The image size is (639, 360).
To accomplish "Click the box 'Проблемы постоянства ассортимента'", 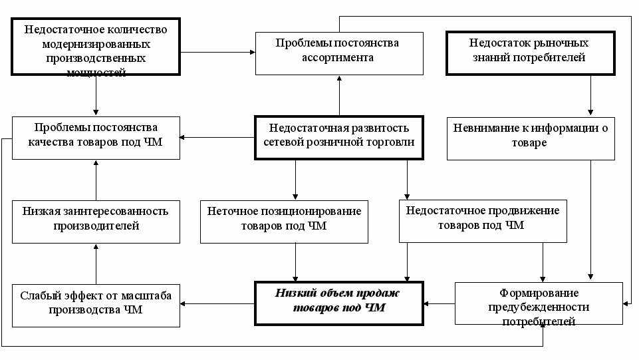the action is click(339, 53).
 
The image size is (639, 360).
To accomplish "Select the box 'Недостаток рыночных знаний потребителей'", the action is click(530, 53).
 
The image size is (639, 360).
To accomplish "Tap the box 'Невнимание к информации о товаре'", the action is click(531, 138).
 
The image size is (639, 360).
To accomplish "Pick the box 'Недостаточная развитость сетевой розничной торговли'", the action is click(339, 138).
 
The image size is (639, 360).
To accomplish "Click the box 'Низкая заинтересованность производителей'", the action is click(96, 222).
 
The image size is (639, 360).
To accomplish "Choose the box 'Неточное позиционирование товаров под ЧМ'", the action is click(284, 222).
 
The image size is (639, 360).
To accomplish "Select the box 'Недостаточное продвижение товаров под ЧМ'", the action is click(483, 221).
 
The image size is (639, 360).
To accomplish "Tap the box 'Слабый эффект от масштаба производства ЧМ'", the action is click(96, 305).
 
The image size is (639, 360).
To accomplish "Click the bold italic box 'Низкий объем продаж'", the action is click(339, 303).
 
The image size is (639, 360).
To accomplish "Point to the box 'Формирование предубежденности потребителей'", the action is click(539, 303).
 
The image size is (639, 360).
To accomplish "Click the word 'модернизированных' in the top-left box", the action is click(96, 44).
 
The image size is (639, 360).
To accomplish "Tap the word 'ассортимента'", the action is click(337, 57).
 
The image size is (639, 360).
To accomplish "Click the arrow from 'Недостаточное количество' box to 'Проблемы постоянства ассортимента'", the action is click(217, 52).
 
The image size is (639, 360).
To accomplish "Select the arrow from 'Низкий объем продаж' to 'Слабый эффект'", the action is click(217, 303).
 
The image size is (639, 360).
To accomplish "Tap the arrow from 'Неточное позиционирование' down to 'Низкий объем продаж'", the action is click(295, 263).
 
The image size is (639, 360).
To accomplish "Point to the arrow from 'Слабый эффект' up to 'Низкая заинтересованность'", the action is click(96, 264).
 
